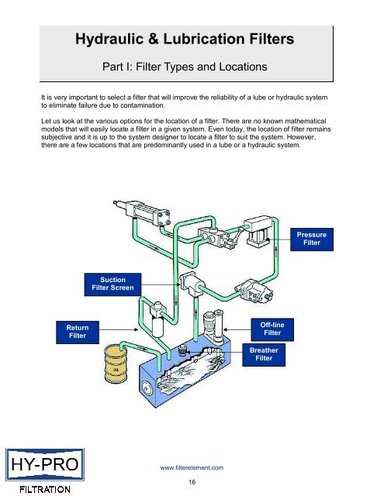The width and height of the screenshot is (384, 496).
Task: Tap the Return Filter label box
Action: pos(77,331)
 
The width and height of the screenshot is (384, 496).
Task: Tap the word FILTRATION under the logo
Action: pos(38,488)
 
